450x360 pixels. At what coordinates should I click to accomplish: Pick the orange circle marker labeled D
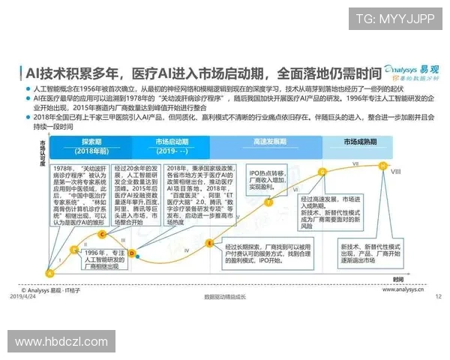click(132, 254)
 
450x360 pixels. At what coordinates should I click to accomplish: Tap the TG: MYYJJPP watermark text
click(394, 19)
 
